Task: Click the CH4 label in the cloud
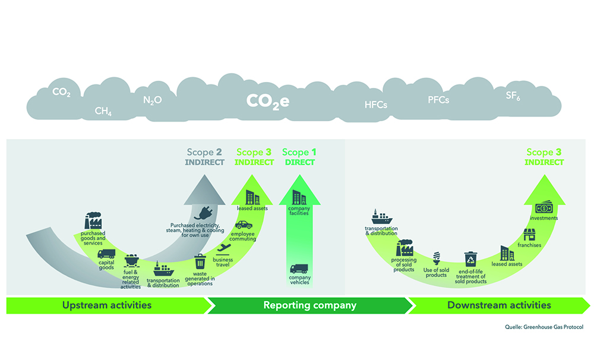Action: pos(103,111)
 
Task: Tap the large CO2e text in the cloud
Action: pos(268,101)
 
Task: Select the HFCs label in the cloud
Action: pos(375,105)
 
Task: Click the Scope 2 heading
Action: pos(206,152)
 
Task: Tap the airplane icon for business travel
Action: pos(223,248)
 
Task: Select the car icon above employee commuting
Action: pos(244,225)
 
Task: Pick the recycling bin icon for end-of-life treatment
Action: pos(470,259)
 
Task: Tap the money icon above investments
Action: pos(545,208)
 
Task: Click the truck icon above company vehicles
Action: pos(299,269)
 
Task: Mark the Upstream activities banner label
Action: pos(107,305)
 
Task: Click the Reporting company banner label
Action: pos(309,305)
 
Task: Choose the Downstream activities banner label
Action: pos(499,305)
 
